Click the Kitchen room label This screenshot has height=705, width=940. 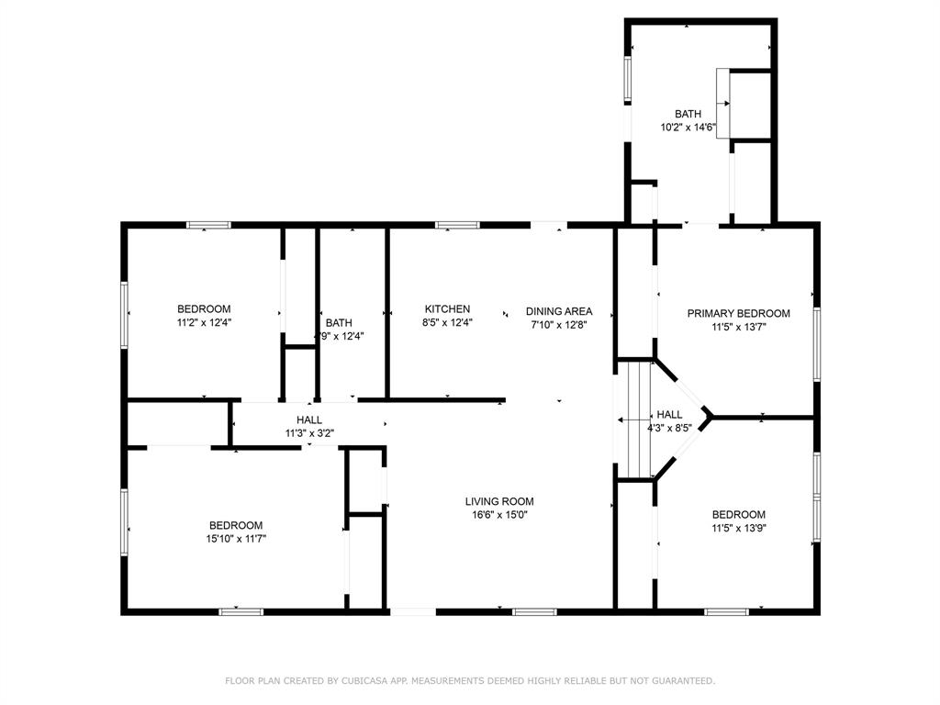click(447, 309)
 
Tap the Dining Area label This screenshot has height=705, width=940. click(559, 311)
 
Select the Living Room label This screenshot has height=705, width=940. click(499, 502)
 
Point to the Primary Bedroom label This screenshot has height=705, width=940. click(739, 314)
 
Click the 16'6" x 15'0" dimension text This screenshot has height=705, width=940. click(499, 515)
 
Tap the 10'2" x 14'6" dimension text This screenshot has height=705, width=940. click(688, 127)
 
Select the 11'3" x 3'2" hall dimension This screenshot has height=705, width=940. click(309, 433)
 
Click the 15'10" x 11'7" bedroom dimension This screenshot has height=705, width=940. click(236, 539)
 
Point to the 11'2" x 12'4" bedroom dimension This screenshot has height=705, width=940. click(204, 322)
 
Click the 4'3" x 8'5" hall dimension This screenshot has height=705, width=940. click(669, 428)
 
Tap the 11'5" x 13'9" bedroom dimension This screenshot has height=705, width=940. click(739, 528)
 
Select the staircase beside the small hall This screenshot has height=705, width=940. click(634, 420)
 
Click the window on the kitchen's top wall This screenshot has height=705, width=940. click(457, 226)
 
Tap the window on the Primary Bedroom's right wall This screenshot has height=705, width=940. click(816, 344)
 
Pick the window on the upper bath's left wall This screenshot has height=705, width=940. click(628, 79)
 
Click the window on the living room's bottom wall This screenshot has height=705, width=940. click(535, 612)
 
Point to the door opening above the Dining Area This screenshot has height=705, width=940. click(549, 226)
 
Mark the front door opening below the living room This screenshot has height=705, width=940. click(413, 612)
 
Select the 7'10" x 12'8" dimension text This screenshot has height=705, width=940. click(559, 325)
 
